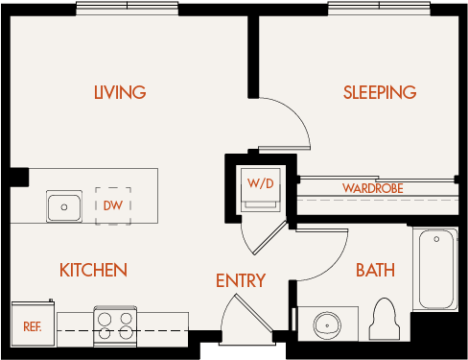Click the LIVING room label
[120, 93]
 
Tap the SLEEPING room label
[380, 93]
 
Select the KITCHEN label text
[93, 270]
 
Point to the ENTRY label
[240, 281]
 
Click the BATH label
[375, 270]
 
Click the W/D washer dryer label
[260, 182]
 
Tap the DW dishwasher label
[112, 205]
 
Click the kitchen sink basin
[65, 205]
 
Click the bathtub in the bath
[436, 268]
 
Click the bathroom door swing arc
[321, 252]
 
